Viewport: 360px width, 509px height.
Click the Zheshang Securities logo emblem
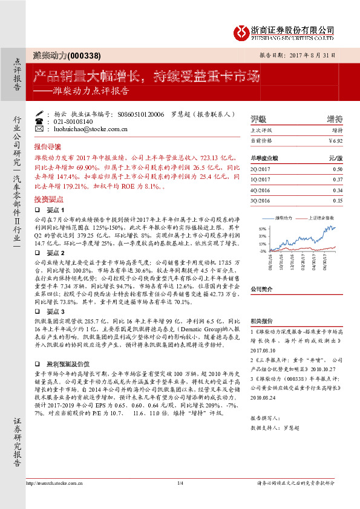point(243,31)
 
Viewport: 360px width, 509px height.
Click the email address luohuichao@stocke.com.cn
point(90,129)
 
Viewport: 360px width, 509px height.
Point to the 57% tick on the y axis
point(262,228)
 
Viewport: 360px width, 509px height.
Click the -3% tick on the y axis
point(263,250)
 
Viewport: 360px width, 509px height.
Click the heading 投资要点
point(48,198)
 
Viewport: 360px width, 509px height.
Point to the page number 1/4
point(180,484)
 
